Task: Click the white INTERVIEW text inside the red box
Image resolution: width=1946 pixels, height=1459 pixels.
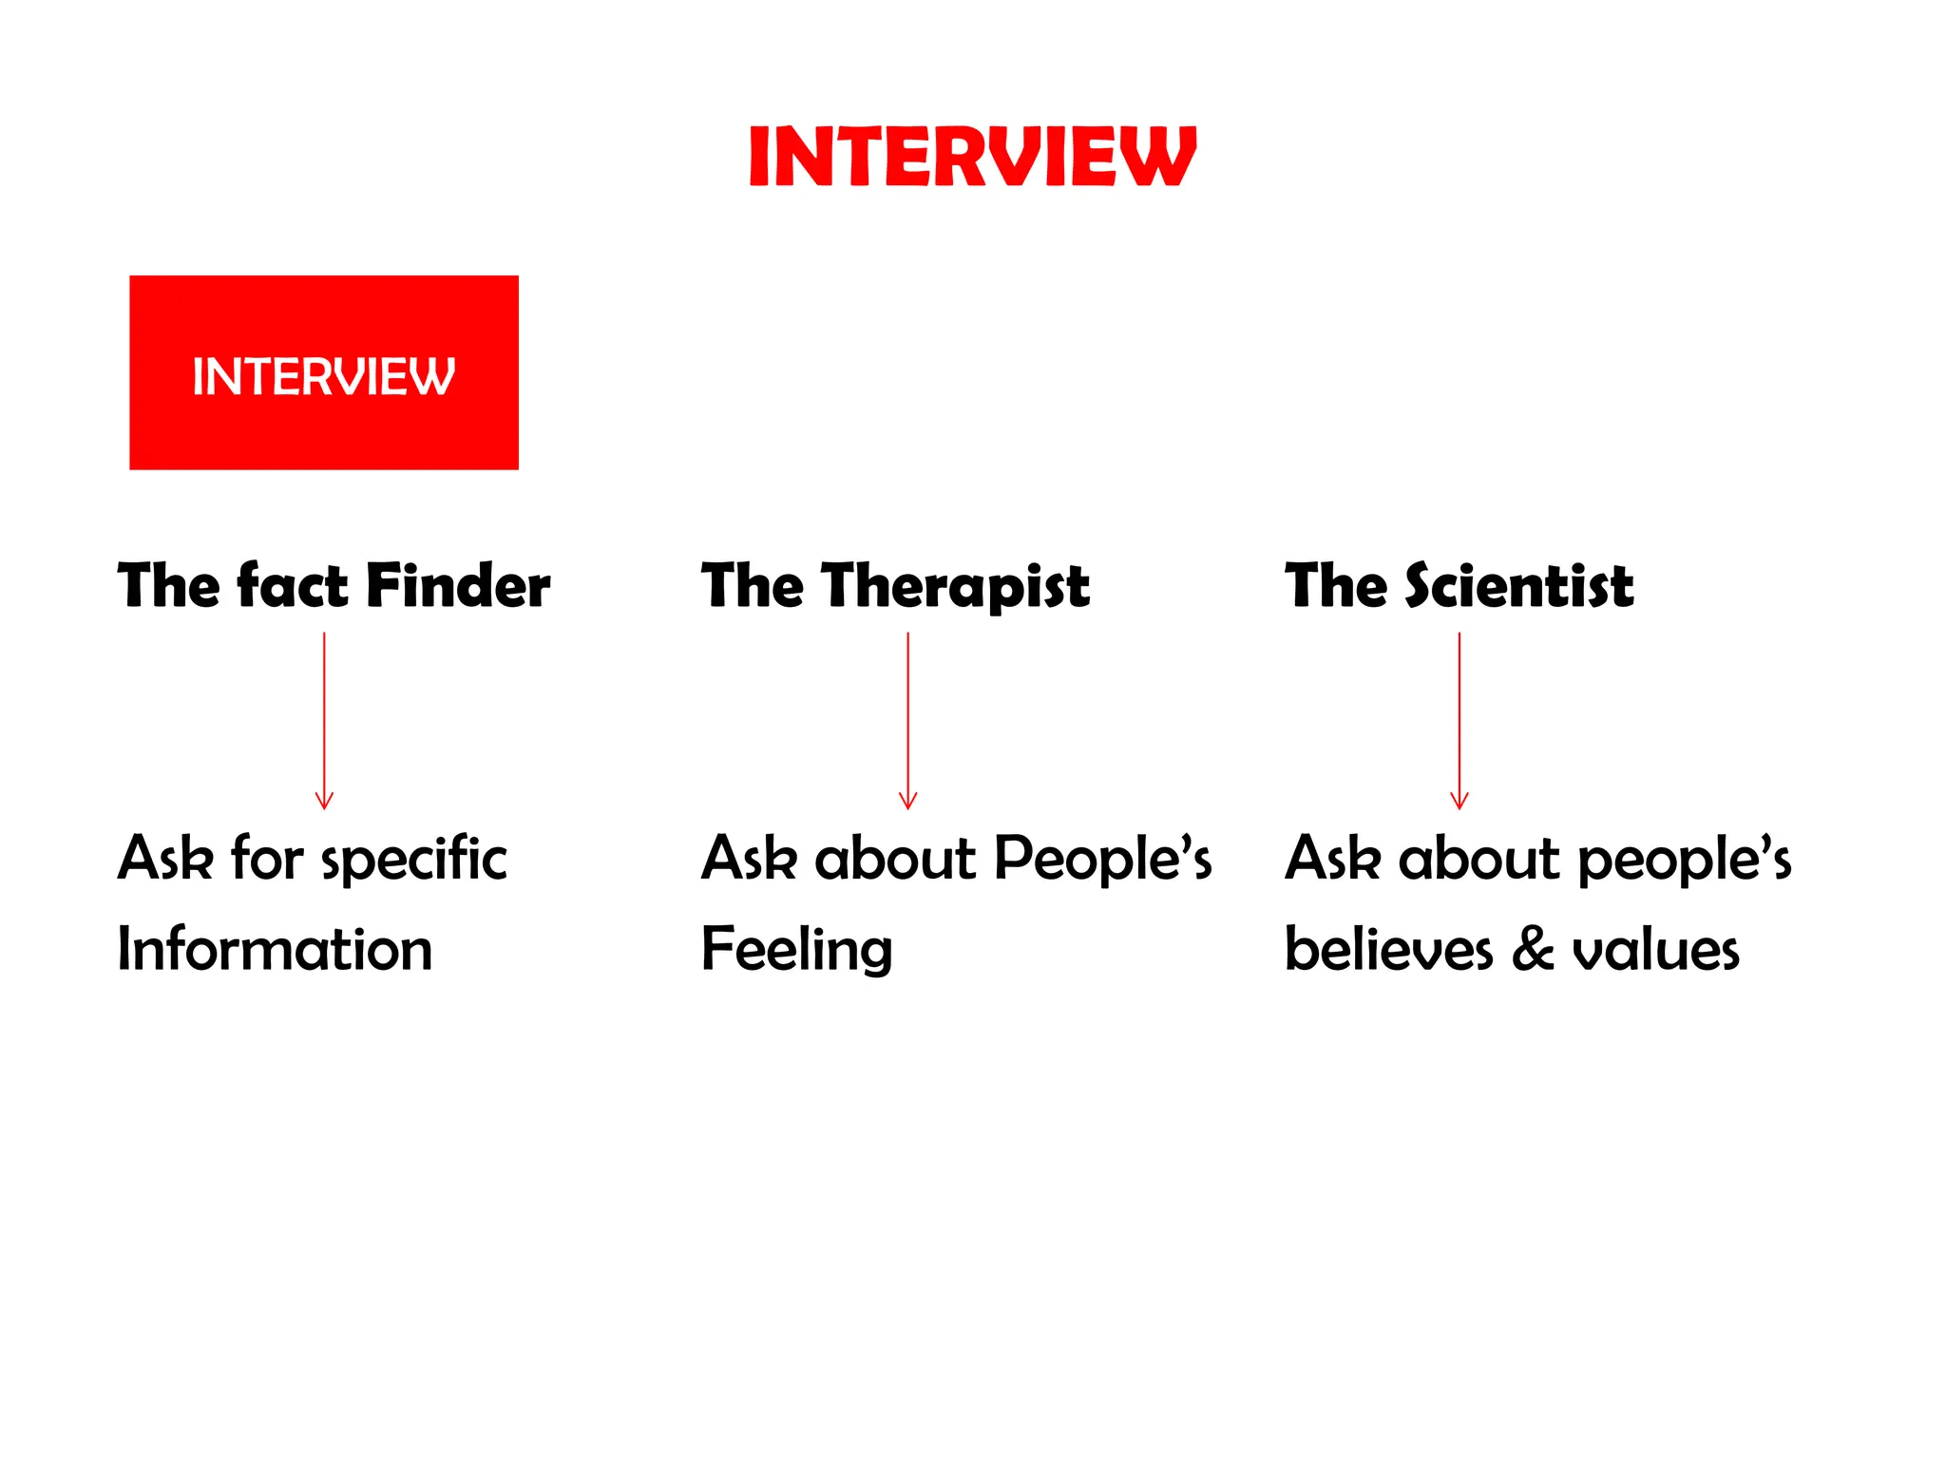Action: [x=324, y=376]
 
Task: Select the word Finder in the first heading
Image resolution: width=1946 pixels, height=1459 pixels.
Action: [x=458, y=585]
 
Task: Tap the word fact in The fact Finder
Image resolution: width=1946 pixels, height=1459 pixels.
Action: [x=292, y=585]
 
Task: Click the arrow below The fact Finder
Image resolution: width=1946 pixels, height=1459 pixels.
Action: [x=324, y=721]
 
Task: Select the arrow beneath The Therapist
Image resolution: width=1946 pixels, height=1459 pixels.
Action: [x=907, y=721]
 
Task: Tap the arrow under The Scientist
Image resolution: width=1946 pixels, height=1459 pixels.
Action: [x=1459, y=721]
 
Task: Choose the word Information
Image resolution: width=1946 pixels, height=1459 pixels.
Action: [x=275, y=949]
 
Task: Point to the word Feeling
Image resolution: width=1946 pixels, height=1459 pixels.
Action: [x=796, y=950]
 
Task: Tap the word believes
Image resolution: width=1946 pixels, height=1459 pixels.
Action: [x=1388, y=949]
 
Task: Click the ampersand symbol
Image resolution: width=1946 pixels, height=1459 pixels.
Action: [x=1532, y=949]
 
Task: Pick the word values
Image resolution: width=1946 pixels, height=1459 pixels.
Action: [x=1655, y=949]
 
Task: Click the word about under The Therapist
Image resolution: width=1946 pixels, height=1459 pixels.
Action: [x=895, y=858]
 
